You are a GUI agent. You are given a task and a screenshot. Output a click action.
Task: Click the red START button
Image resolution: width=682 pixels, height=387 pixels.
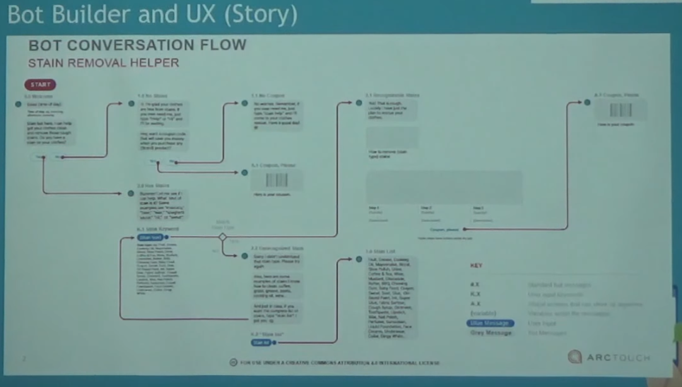(40, 85)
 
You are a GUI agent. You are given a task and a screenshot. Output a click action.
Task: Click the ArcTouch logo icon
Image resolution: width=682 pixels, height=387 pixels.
(575, 357)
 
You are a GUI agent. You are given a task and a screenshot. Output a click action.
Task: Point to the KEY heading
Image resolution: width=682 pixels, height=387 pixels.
(476, 266)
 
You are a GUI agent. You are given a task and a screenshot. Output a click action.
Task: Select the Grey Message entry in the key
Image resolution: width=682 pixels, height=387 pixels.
(490, 333)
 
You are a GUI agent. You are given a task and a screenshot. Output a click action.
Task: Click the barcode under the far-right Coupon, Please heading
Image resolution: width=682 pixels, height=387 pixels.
(620, 111)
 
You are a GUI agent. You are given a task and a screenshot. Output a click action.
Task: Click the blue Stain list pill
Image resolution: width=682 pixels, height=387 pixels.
(261, 343)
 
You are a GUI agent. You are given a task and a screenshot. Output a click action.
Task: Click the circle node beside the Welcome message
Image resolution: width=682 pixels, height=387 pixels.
(16, 104)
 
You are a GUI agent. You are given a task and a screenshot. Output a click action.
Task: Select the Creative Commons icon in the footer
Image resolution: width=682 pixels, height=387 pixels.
(233, 362)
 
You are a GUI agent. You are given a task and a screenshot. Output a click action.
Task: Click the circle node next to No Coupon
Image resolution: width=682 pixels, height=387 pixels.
(245, 104)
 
